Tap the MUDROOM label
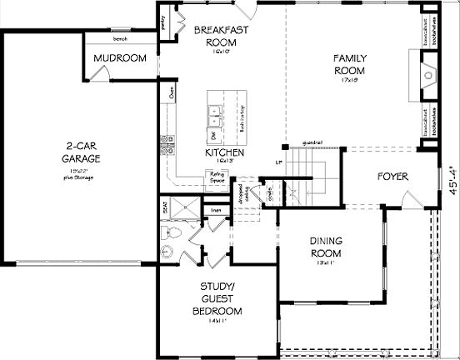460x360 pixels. pos(120,58)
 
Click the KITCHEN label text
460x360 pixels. pos(224,154)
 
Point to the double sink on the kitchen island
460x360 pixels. pos(214,107)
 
